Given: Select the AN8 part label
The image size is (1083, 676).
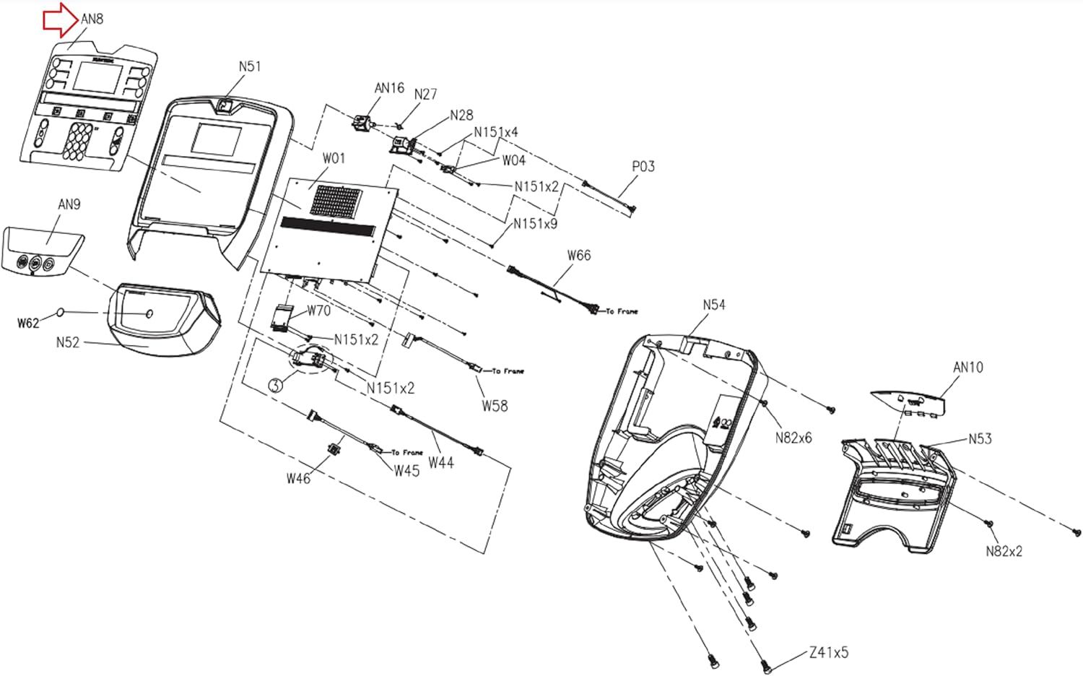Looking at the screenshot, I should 92,19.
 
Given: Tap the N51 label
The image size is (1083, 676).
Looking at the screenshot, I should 250,66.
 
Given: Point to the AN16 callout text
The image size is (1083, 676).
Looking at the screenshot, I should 389,88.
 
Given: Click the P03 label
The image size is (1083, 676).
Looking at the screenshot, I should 643,166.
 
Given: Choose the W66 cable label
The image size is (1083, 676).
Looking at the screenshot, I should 579,255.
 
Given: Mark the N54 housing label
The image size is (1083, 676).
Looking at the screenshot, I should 714,305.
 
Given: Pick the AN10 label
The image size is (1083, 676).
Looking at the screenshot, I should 968,367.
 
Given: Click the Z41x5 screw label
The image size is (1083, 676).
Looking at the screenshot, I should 829,653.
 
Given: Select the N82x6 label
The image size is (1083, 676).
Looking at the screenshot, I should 793,438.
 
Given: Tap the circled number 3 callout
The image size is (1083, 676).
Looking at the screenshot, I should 275,385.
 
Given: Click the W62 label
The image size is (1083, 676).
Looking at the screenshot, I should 28,323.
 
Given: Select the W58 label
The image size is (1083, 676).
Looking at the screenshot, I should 495,406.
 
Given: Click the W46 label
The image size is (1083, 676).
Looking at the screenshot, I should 298,478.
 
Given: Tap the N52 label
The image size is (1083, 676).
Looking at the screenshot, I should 68,342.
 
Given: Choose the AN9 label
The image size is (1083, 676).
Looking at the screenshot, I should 69,204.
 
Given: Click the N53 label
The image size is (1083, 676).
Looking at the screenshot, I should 980,438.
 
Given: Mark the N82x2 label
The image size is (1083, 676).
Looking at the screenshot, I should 1004,551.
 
